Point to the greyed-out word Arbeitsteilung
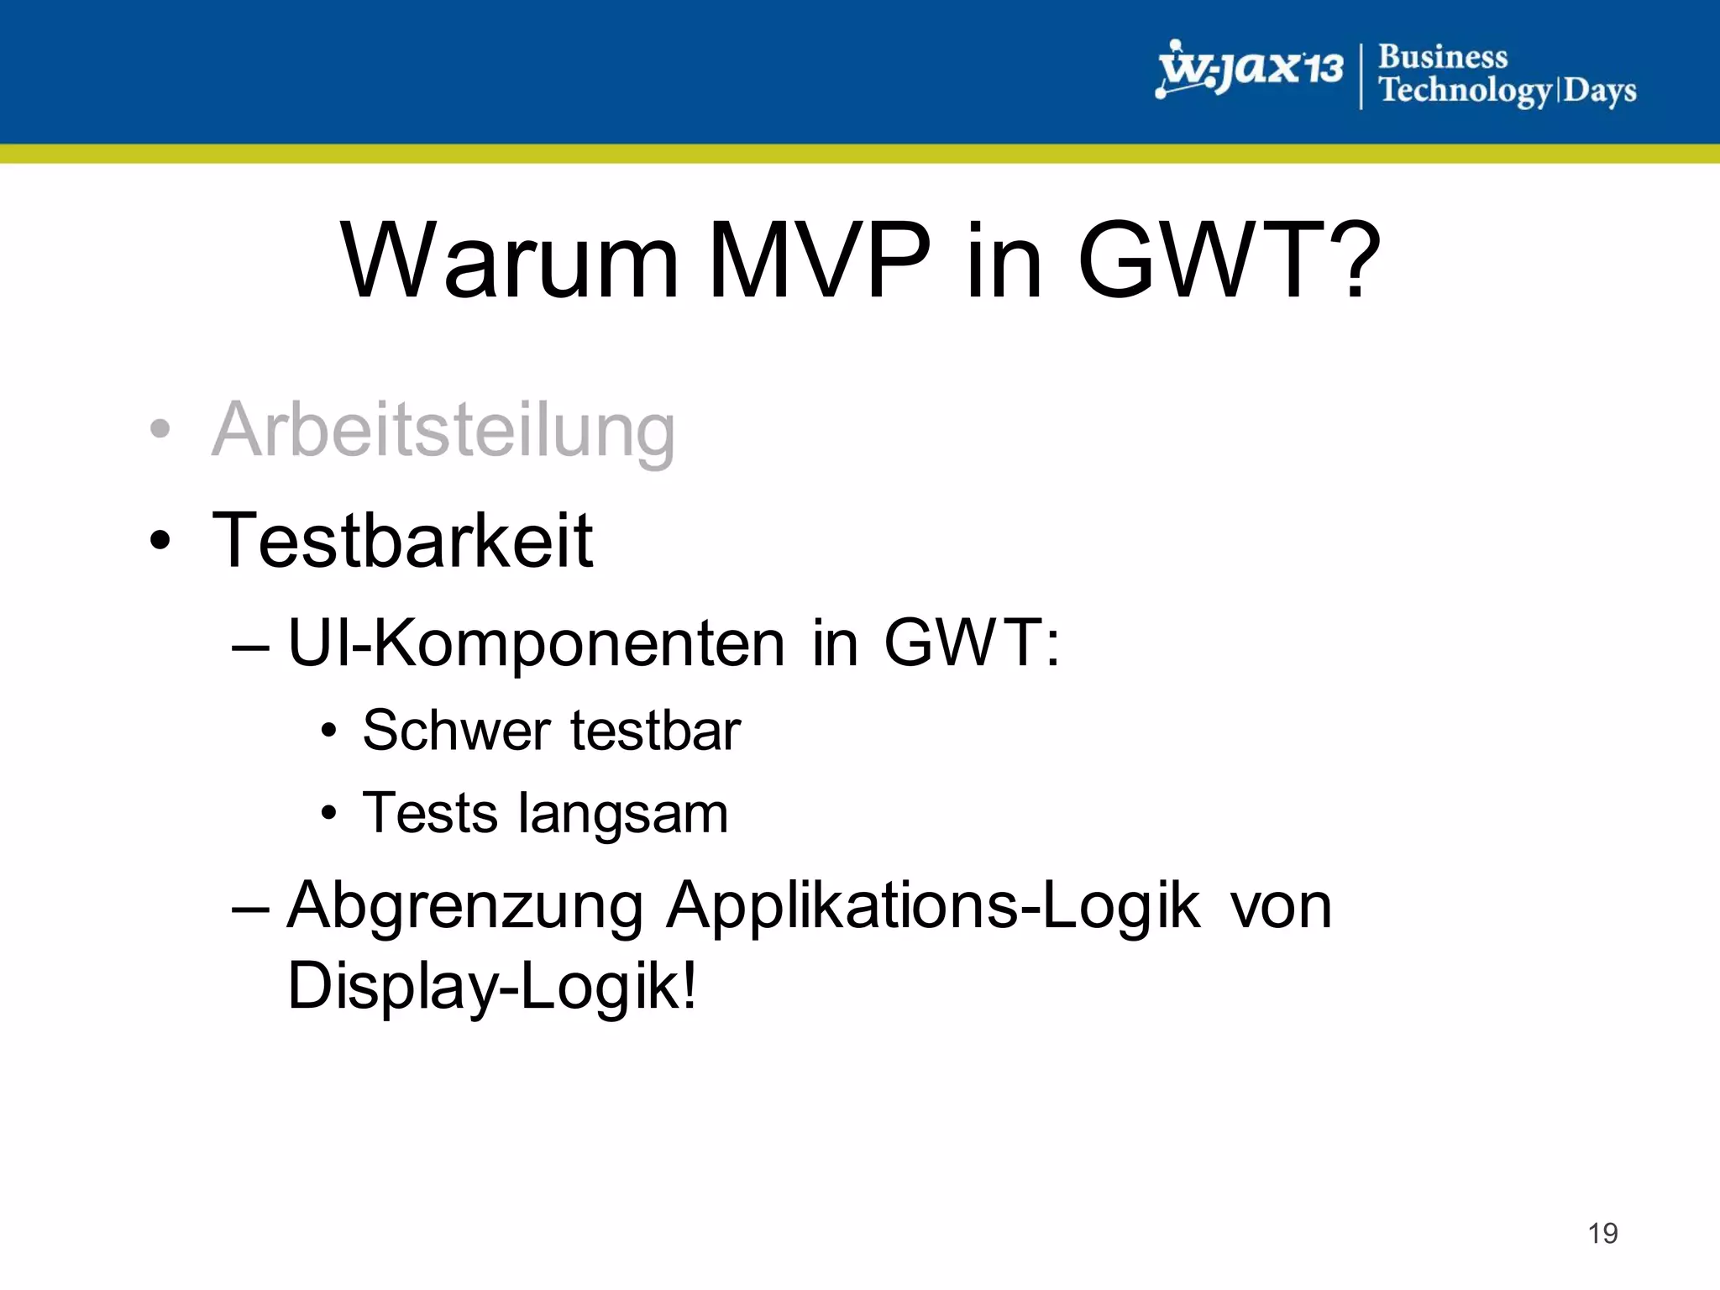pyautogui.click(x=443, y=430)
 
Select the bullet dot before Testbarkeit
pyautogui.click(x=160, y=540)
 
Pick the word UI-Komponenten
pyautogui.click(x=537, y=643)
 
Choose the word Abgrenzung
pyautogui.click(x=465, y=907)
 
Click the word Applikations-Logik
pyautogui.click(x=933, y=907)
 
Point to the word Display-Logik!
pyautogui.click(x=492, y=986)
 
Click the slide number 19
pyautogui.click(x=1602, y=1233)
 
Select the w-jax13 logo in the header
pyautogui.click(x=1249, y=70)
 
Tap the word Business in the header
pyautogui.click(x=1443, y=57)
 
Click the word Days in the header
pyautogui.click(x=1599, y=91)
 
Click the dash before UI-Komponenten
pyautogui.click(x=250, y=647)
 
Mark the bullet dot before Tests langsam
pyautogui.click(x=329, y=813)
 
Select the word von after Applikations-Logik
pyautogui.click(x=1281, y=907)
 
